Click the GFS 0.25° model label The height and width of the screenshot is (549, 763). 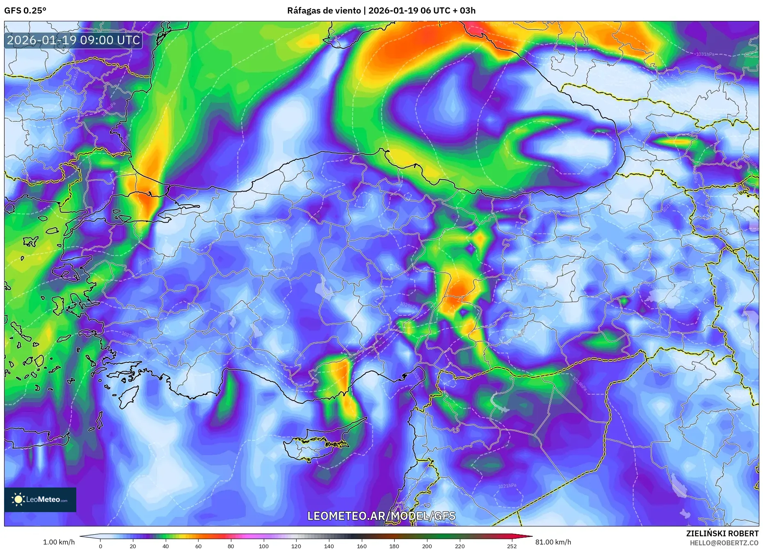click(x=25, y=11)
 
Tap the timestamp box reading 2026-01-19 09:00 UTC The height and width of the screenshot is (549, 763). click(x=73, y=40)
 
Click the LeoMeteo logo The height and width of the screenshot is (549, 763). click(x=40, y=499)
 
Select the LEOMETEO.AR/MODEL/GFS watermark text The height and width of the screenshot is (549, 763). click(x=381, y=516)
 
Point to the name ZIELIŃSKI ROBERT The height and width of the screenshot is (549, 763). click(x=722, y=533)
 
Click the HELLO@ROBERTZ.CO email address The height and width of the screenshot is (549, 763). click(x=724, y=543)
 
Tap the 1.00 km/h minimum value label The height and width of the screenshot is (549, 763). click(x=59, y=542)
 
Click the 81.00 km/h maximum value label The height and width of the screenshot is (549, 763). click(x=553, y=542)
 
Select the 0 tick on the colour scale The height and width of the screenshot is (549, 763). click(x=101, y=546)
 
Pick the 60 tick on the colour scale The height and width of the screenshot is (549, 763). click(x=199, y=546)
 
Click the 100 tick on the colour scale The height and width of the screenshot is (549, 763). click(x=264, y=546)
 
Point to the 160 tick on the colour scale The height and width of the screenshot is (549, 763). click(x=362, y=546)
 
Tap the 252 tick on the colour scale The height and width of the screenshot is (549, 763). click(x=512, y=546)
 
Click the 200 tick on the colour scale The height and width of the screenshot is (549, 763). click(x=427, y=546)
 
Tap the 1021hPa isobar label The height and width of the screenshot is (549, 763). click(x=507, y=486)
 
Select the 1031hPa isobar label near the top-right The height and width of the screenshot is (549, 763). click(x=705, y=54)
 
